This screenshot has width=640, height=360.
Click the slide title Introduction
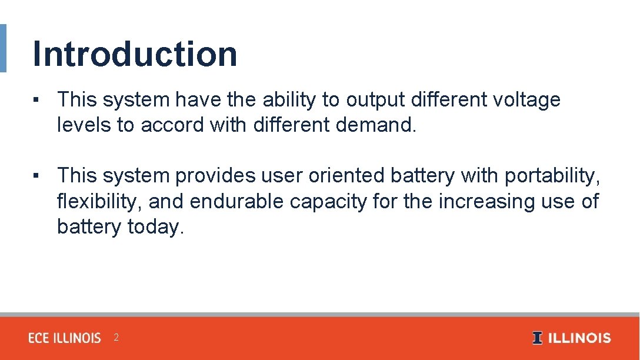135,54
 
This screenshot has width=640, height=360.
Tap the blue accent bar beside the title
3,48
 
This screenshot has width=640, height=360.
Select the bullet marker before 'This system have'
36,100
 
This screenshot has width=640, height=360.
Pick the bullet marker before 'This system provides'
36,175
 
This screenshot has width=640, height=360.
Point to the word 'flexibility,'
99,201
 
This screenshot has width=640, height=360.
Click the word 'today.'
156,226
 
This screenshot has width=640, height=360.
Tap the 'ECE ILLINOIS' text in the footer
65,338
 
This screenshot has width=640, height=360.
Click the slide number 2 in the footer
116,338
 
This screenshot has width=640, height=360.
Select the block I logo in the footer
537,338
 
